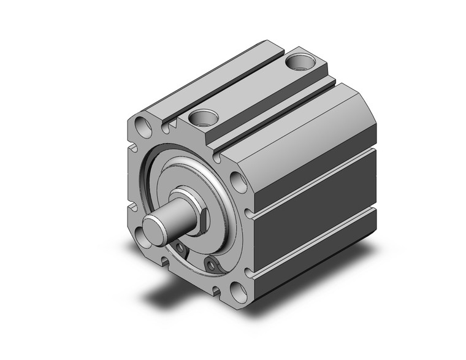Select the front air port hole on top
tap(201, 116)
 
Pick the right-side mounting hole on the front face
tap(238, 182)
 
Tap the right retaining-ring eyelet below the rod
tap(212, 264)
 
